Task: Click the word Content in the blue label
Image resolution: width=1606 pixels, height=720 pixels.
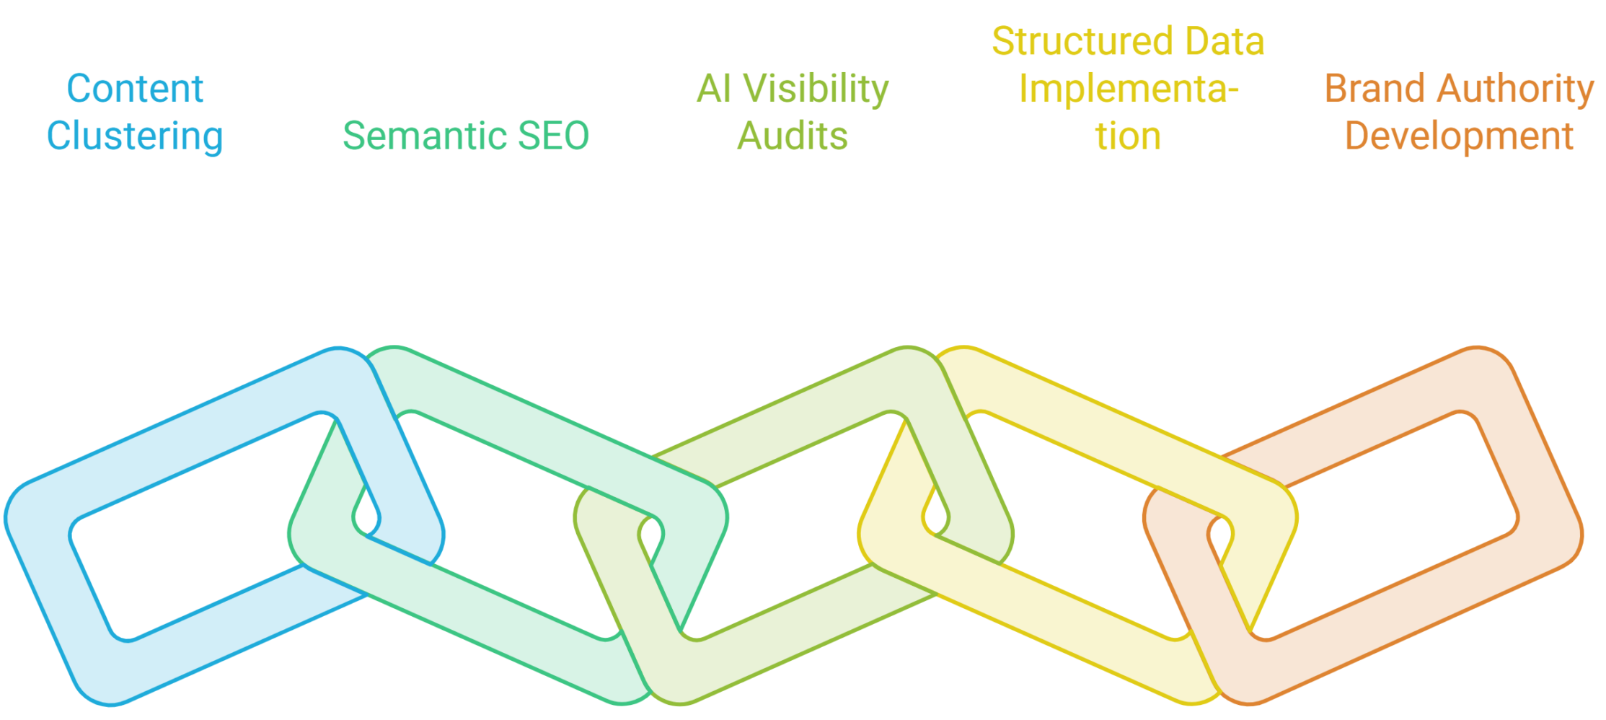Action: point(135,89)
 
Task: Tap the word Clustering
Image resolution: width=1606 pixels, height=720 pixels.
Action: point(135,136)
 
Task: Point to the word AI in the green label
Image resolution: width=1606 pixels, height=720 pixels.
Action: point(715,89)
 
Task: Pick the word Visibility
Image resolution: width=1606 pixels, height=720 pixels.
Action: point(816,90)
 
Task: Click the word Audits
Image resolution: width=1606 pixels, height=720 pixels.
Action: point(793,136)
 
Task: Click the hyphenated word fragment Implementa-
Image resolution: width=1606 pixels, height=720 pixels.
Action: point(1129,90)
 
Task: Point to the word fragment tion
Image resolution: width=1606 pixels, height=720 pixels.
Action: point(1129,136)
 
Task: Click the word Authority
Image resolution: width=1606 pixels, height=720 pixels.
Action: point(1515,90)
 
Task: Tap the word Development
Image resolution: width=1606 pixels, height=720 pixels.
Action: point(1459,136)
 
